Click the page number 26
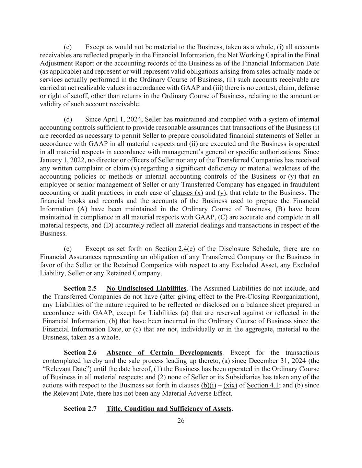(x=181, y=421)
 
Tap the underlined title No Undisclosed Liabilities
(x=147, y=288)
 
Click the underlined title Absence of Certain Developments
(x=164, y=353)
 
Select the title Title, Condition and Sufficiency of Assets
(x=169, y=409)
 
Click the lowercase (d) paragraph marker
(x=68, y=119)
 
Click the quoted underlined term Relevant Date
(x=66, y=369)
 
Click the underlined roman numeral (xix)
(x=230, y=385)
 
